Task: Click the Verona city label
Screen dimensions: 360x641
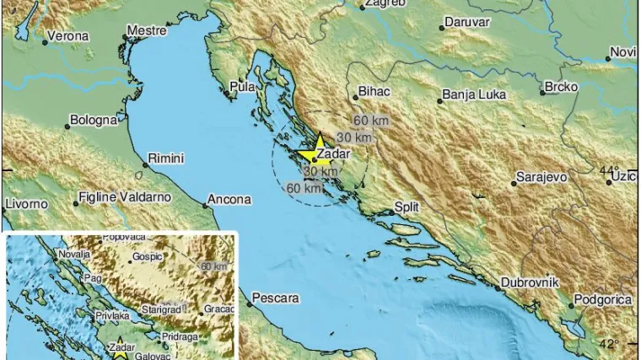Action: point(67,37)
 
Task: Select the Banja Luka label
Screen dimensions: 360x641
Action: point(476,95)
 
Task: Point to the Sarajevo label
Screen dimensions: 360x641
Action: point(543,178)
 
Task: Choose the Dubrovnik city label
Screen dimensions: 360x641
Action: point(531,283)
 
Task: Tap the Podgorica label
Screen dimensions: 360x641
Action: point(602,299)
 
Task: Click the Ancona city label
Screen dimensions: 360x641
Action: point(230,200)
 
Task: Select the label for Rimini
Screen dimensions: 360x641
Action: point(165,159)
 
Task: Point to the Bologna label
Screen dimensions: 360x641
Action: point(94,121)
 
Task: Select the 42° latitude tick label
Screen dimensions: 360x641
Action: point(610,343)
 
